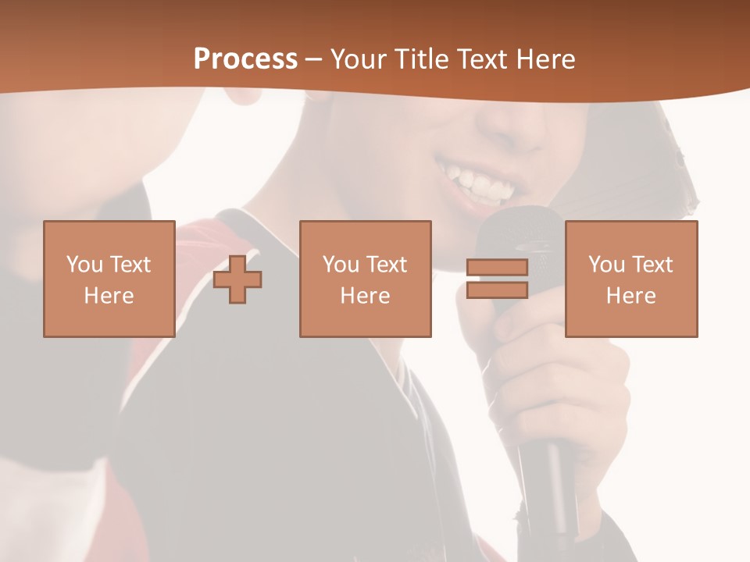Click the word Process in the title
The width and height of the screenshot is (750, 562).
pyautogui.click(x=245, y=59)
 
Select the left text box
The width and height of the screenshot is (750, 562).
pyautogui.click(x=109, y=279)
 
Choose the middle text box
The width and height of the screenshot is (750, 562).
pyautogui.click(x=365, y=279)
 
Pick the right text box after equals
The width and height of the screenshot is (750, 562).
pyautogui.click(x=630, y=279)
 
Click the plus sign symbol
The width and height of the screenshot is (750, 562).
pyautogui.click(x=237, y=279)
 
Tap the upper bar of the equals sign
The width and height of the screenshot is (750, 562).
pyautogui.click(x=497, y=267)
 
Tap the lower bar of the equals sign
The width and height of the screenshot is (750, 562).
pyautogui.click(x=497, y=290)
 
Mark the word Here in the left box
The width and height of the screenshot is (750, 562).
pyautogui.click(x=109, y=296)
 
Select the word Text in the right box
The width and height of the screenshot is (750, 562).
pyautogui.click(x=654, y=265)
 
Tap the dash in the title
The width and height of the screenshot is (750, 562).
pyautogui.click(x=314, y=59)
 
